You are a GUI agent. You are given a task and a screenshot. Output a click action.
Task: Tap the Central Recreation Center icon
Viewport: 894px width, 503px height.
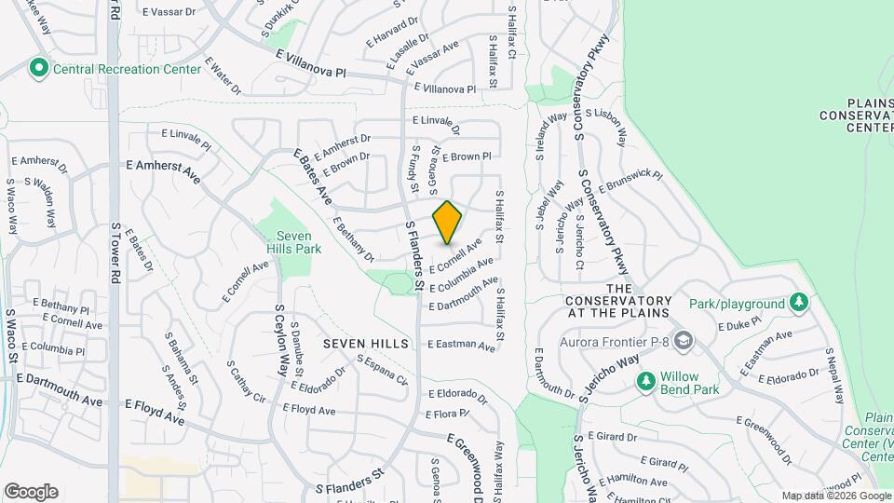coord(39,68)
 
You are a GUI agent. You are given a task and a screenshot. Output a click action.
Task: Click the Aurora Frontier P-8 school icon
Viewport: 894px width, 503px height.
coord(684,342)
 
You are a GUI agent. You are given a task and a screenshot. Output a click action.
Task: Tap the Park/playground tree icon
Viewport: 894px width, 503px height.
coord(798,303)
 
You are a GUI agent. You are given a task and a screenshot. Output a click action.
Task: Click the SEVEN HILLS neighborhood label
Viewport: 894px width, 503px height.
coord(366,344)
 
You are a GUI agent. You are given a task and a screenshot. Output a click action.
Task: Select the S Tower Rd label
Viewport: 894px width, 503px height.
coord(116,251)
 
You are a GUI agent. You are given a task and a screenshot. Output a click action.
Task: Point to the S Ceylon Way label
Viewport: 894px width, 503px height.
coord(280,339)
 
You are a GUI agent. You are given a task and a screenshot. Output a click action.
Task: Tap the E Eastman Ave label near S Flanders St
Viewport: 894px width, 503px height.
coord(462,345)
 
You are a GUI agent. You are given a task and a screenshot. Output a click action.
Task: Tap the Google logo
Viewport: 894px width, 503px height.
coord(31,491)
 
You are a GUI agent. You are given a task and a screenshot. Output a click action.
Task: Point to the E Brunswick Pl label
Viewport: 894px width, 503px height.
coord(630,182)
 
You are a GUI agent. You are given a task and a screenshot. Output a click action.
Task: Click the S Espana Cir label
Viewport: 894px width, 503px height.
coord(382,371)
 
